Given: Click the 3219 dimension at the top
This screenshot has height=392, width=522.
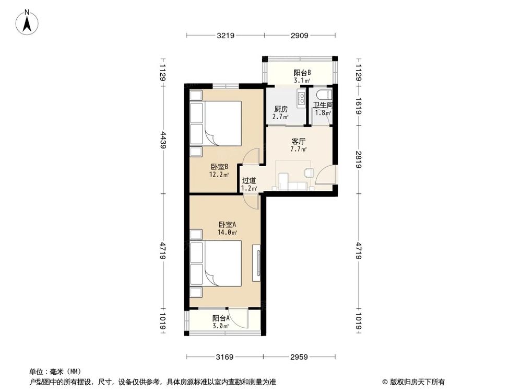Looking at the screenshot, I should [225, 36].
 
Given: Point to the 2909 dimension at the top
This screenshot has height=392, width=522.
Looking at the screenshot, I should [300, 36].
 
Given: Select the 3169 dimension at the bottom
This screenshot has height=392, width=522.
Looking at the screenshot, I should [225, 358].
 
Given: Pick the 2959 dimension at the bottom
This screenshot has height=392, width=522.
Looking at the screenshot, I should [300, 358].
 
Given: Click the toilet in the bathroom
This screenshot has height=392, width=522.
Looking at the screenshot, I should [322, 95].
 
